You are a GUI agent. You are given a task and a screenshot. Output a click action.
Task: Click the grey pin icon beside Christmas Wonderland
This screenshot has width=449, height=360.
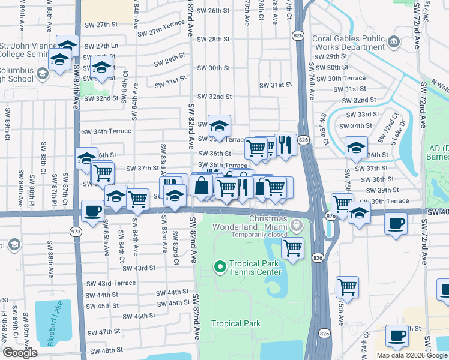[296, 226]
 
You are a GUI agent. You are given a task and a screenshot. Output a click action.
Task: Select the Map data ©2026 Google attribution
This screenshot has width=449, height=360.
[412, 355]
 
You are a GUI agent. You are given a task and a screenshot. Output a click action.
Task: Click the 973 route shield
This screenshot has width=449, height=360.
[76, 231]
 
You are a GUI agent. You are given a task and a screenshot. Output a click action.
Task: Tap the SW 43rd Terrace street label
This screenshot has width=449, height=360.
[111, 283]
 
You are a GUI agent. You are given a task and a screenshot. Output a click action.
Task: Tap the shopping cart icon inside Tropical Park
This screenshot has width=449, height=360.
[292, 247]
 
